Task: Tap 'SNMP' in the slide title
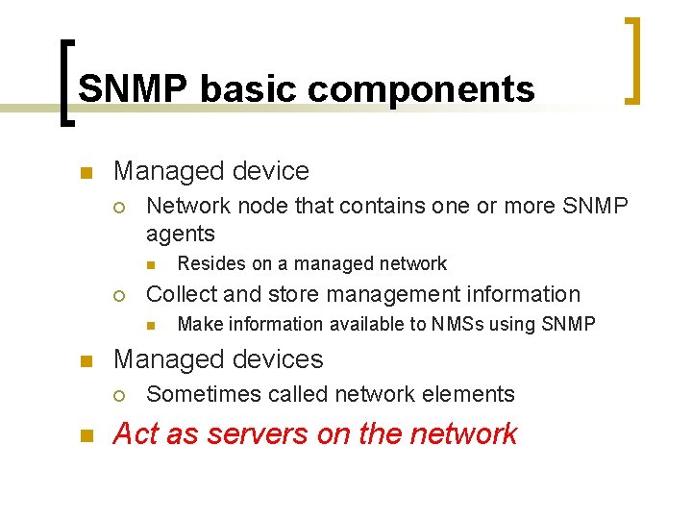click(134, 88)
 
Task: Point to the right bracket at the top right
click(632, 60)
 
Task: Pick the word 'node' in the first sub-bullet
click(275, 206)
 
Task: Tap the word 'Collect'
click(179, 294)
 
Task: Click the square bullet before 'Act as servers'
click(84, 436)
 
